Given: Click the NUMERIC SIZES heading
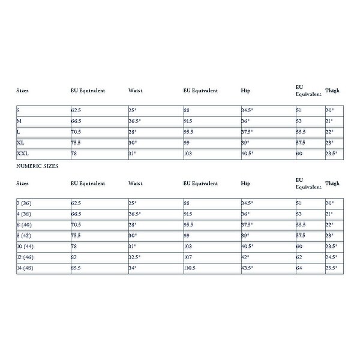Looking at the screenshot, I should click(x=37, y=166).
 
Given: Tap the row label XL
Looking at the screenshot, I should click(x=21, y=143).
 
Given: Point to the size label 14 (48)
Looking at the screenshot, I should click(x=25, y=267).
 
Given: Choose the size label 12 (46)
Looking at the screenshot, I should click(x=25, y=256).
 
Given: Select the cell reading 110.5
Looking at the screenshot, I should click(x=190, y=267).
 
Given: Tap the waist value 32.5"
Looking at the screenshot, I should click(x=136, y=256).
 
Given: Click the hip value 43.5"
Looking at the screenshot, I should click(x=247, y=267).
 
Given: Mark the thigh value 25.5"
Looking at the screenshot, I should click(x=331, y=267).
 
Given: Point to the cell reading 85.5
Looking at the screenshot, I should click(x=76, y=267).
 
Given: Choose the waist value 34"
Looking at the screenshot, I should click(x=133, y=267).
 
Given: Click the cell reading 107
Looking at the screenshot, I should click(x=188, y=256).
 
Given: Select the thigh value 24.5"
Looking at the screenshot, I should click(x=331, y=256).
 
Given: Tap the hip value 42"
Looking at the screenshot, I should click(x=245, y=256).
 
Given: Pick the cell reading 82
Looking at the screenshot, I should click(x=74, y=256).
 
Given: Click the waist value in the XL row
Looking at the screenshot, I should click(x=133, y=143).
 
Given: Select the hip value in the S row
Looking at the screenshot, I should click(x=247, y=110).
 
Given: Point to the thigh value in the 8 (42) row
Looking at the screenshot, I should click(x=329, y=235).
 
